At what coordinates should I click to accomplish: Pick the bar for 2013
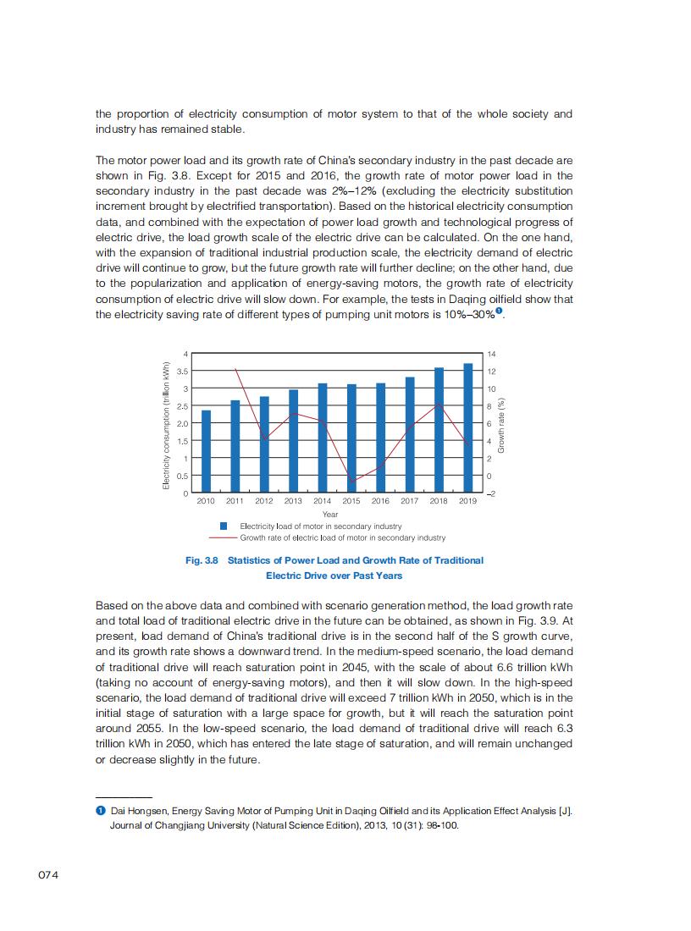coord(293,441)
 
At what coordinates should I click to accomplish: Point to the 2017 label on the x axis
coord(409,501)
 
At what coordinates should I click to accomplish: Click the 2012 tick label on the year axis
coord(264,501)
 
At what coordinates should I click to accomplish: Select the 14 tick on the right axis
coord(489,353)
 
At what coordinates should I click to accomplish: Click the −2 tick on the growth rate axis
coord(490,493)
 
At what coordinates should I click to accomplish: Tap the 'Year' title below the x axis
coord(330,514)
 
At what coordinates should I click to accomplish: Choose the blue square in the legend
coord(224,526)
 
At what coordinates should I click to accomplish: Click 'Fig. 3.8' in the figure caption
coord(202,560)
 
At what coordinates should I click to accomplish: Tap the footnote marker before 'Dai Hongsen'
coord(100,811)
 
